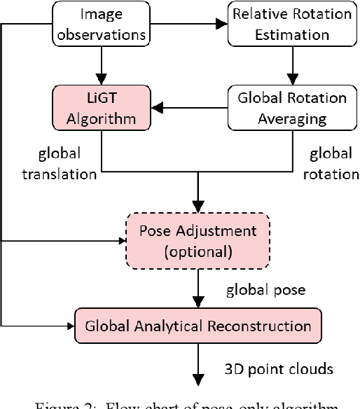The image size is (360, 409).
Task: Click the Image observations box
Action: [102, 23]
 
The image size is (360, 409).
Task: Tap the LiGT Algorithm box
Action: [102, 108]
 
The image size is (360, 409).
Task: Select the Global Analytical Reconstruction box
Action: [198, 326]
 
